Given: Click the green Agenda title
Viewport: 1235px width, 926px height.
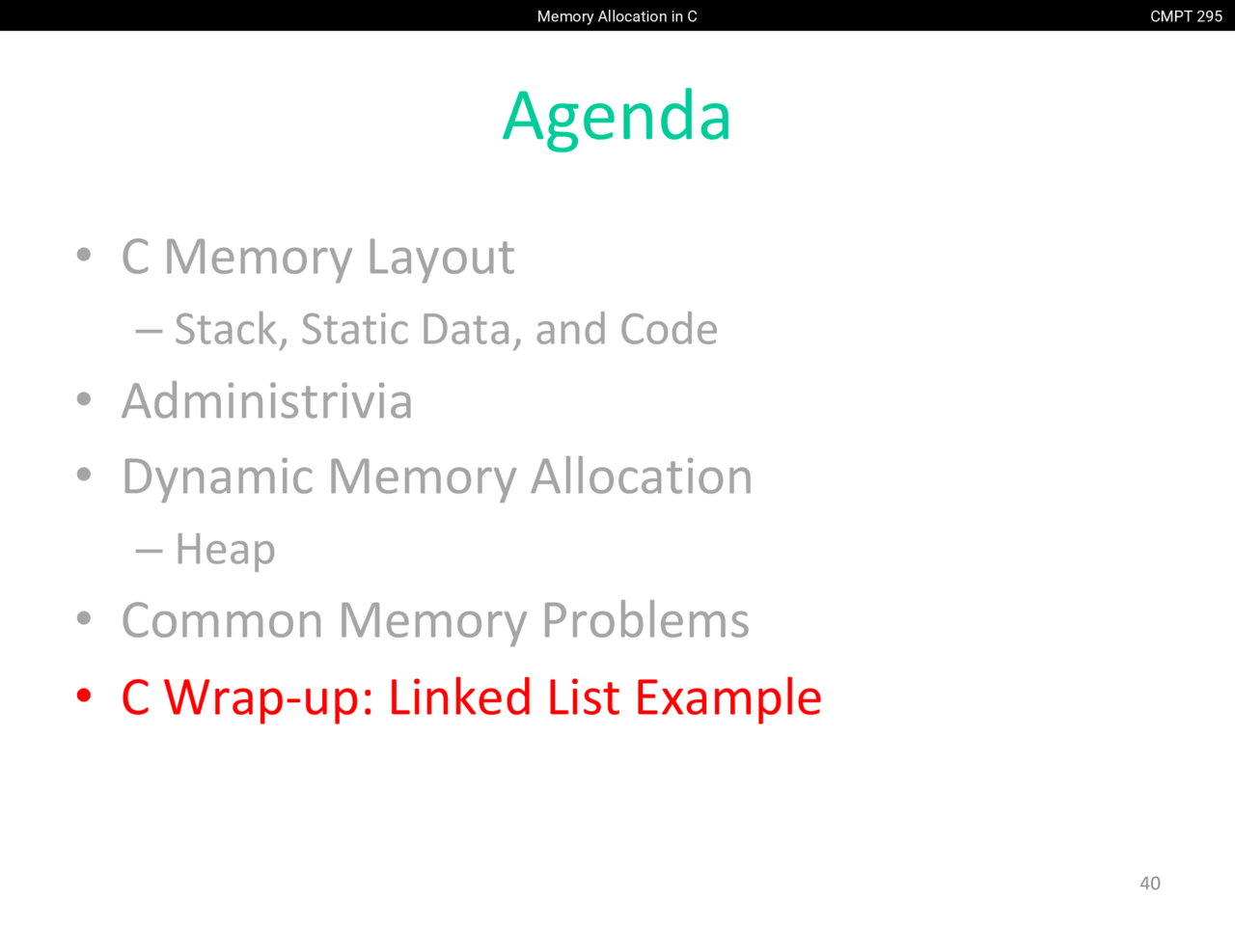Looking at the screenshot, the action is pyautogui.click(x=617, y=119).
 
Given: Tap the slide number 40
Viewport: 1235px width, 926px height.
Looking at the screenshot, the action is pyautogui.click(x=1150, y=884).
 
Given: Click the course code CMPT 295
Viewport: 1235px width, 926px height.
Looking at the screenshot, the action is pyautogui.click(x=1186, y=16).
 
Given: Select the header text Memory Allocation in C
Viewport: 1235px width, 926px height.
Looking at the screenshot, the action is pyautogui.click(x=617, y=16).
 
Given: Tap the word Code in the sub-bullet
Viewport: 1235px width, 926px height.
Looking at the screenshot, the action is pyautogui.click(x=669, y=329).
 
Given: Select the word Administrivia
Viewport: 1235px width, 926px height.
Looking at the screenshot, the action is pyautogui.click(x=267, y=401).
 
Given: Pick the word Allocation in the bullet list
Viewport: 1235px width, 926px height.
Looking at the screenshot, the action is pyautogui.click(x=642, y=477).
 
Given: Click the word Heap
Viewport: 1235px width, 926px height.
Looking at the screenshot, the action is pyautogui.click(x=225, y=549).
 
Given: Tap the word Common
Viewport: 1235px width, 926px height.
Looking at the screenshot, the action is pyautogui.click(x=222, y=620).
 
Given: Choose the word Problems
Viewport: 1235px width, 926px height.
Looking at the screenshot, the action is pyautogui.click(x=645, y=620).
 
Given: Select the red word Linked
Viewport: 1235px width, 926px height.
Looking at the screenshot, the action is pyautogui.click(x=460, y=697).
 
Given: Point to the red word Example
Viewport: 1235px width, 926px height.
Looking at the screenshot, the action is pyautogui.click(x=729, y=699).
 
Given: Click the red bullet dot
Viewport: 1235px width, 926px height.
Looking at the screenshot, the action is pyautogui.click(x=84, y=696).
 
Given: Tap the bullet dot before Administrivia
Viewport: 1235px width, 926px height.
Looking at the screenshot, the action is pyautogui.click(x=84, y=400).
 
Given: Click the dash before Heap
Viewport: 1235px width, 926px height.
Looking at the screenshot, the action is pyautogui.click(x=150, y=551).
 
